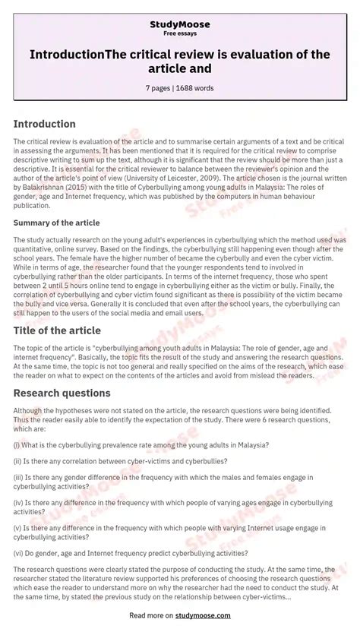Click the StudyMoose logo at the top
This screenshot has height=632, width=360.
tap(180, 24)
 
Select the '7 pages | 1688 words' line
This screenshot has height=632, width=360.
tap(180, 88)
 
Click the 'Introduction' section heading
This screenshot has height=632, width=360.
tap(45, 124)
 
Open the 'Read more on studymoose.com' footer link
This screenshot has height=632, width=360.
tap(180, 616)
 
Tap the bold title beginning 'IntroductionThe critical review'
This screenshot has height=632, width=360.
tap(180, 60)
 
